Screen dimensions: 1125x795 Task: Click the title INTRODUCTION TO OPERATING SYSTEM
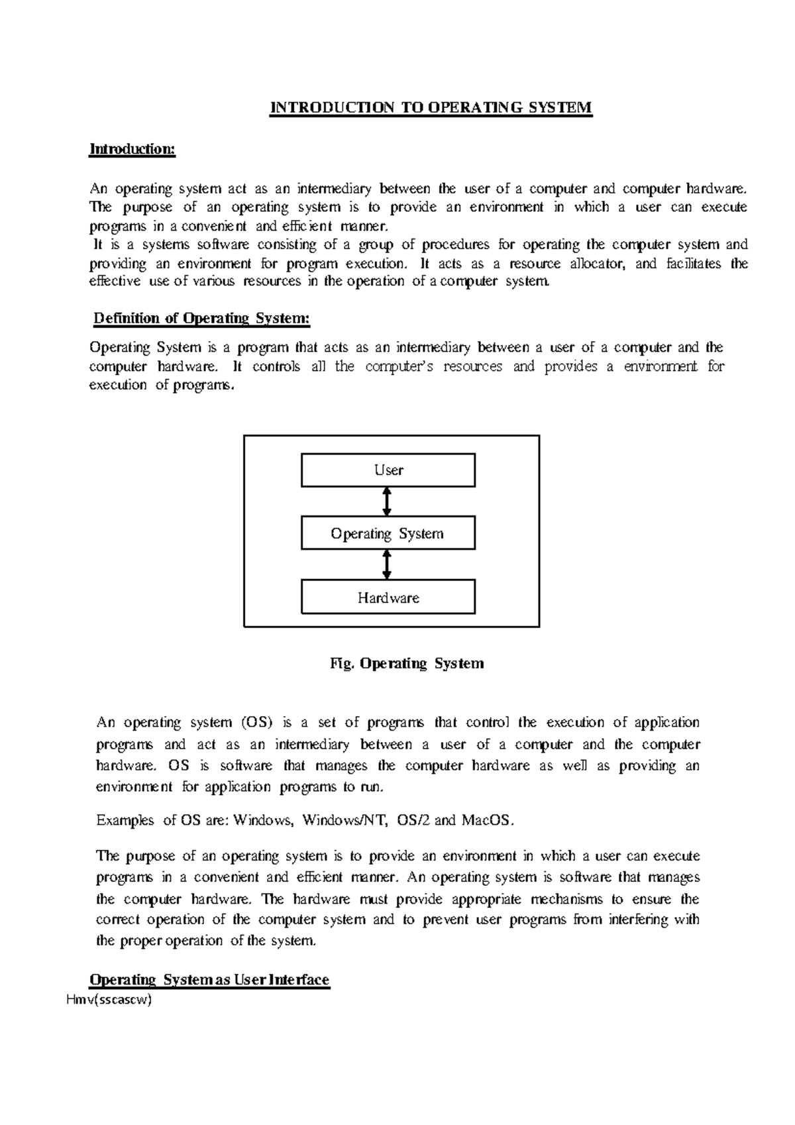click(x=430, y=108)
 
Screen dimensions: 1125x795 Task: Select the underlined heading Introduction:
click(x=132, y=149)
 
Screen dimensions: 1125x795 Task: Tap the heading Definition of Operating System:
click(x=201, y=319)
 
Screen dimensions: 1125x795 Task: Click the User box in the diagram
click(x=388, y=470)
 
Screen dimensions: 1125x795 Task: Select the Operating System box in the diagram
click(x=388, y=534)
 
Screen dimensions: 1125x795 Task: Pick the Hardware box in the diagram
click(x=388, y=598)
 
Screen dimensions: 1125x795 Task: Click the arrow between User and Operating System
click(x=388, y=502)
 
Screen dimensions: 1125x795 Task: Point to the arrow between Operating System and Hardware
click(x=388, y=565)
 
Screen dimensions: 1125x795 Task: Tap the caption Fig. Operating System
click(x=407, y=663)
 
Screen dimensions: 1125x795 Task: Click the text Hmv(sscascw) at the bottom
click(x=109, y=1000)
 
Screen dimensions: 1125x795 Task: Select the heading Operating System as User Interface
click(x=209, y=980)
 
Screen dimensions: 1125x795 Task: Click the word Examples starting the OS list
click(x=125, y=820)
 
